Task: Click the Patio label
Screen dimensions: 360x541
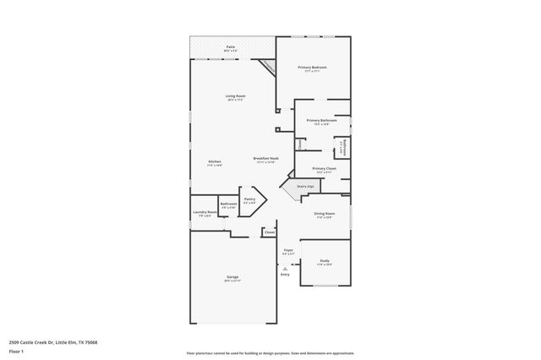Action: tap(231, 47)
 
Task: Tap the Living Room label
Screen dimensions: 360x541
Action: tap(235, 96)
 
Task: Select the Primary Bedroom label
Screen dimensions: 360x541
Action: tap(313, 68)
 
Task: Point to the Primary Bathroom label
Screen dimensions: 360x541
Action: tap(321, 122)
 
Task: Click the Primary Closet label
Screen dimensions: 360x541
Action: tap(325, 169)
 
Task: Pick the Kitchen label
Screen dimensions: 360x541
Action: tap(215, 162)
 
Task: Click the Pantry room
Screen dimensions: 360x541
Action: tap(250, 201)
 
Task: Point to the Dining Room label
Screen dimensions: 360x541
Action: tap(325, 215)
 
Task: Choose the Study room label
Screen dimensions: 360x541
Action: tap(325, 263)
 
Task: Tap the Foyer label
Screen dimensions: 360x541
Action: tap(287, 251)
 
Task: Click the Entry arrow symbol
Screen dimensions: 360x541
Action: tap(284, 268)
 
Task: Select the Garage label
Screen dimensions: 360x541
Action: tap(232, 278)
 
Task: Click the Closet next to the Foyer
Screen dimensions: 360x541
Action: tap(269, 232)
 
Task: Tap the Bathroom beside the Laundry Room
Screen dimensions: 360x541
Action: tap(228, 205)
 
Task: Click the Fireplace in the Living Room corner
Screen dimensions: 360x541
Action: tap(268, 67)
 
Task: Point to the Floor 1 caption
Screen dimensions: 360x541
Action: tap(16, 351)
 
